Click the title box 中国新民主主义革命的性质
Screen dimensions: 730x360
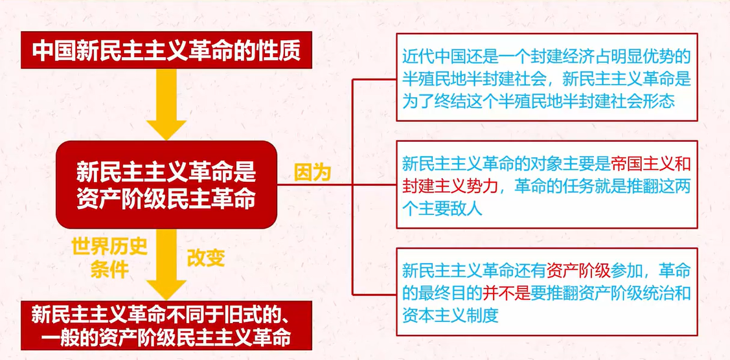(x=166, y=50)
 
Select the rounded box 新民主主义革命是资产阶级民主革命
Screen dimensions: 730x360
(x=166, y=185)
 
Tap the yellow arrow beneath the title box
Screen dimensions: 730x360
(x=166, y=104)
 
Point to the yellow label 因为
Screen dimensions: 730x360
(x=312, y=173)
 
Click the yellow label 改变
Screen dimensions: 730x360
(x=206, y=258)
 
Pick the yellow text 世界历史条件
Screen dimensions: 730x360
(x=109, y=258)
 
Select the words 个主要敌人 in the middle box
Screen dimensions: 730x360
(x=442, y=209)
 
